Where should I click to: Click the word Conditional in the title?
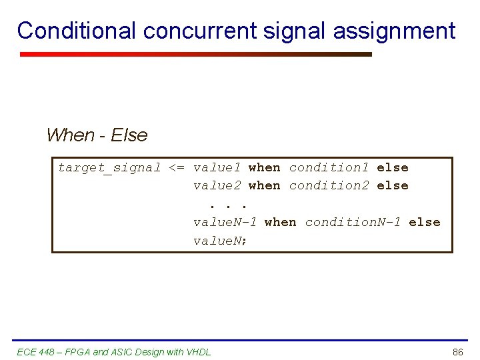[77, 31]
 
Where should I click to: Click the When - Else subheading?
[97, 135]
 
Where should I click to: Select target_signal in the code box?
[109, 168]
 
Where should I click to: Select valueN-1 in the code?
[225, 222]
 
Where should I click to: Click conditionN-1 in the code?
[353, 222]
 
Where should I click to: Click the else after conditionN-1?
[424, 222]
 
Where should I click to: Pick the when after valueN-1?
[280, 222]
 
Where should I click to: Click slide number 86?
[457, 352]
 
